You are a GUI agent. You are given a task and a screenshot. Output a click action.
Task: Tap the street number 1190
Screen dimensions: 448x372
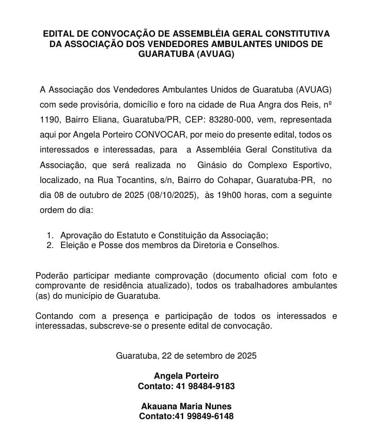click(50, 119)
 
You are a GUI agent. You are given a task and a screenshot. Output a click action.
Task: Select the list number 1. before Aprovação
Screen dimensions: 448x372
click(50, 235)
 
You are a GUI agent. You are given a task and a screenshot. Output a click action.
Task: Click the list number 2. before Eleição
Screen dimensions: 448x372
click(50, 245)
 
